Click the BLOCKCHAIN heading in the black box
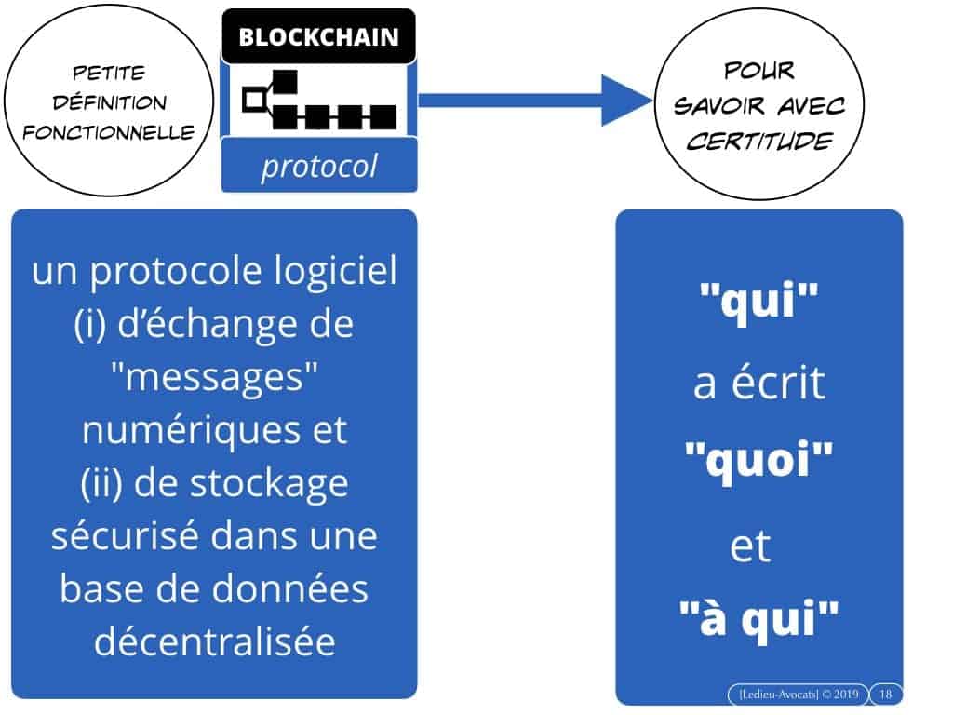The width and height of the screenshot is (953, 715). pyautogui.click(x=318, y=37)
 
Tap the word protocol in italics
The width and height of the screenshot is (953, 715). pyautogui.click(x=319, y=167)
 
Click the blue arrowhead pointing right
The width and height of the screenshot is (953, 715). pyautogui.click(x=624, y=100)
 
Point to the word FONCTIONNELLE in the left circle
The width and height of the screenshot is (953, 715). pyautogui.click(x=109, y=132)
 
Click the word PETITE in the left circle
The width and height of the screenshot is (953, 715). pyautogui.click(x=108, y=74)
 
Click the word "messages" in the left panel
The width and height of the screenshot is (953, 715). pyautogui.click(x=214, y=378)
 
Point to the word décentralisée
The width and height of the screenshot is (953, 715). pyautogui.click(x=214, y=641)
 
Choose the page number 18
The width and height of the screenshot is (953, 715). pyautogui.click(x=885, y=695)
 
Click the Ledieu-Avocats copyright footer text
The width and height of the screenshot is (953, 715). pyautogui.click(x=797, y=695)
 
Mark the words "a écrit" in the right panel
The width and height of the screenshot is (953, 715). pyautogui.click(x=758, y=383)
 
